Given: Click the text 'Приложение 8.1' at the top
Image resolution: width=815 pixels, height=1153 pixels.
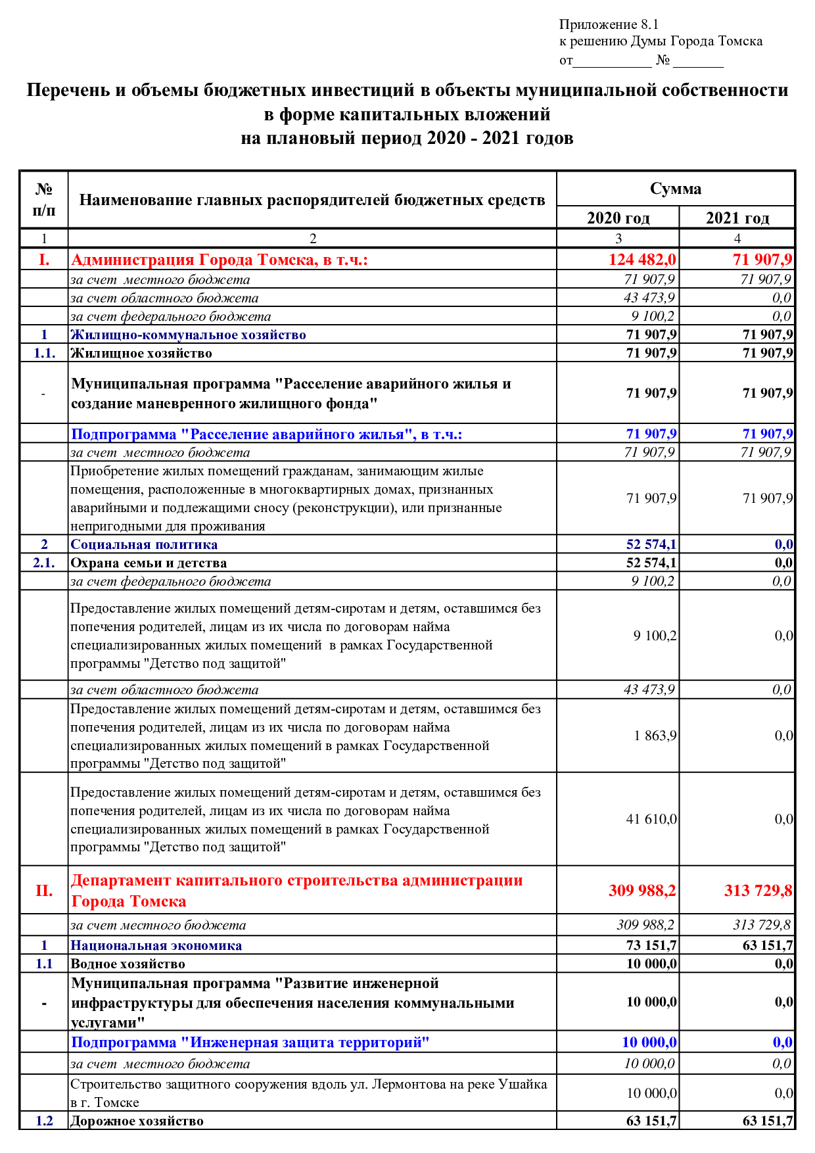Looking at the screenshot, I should click(x=609, y=25).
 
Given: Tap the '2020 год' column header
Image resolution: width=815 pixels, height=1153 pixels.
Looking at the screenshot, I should click(x=618, y=218).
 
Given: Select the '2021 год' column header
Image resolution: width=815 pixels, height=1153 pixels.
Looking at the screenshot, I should click(x=737, y=218).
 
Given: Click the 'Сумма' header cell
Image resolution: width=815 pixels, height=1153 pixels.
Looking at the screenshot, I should click(x=676, y=189).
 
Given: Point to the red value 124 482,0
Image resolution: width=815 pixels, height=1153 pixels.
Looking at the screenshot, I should click(x=642, y=260).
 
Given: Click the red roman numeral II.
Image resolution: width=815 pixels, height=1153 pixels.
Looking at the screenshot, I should click(x=44, y=891).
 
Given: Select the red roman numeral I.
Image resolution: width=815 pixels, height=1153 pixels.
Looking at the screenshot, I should click(x=44, y=260).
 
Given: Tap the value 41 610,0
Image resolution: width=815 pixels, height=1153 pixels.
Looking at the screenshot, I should click(x=651, y=819).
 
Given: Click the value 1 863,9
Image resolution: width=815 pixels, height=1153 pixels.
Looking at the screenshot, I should click(x=655, y=736).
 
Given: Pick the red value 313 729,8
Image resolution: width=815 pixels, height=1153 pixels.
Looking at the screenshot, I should click(x=758, y=891).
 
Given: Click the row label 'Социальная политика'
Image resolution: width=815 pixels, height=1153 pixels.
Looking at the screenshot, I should click(x=144, y=544).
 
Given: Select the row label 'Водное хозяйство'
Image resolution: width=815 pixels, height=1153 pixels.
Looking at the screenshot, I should click(x=128, y=964).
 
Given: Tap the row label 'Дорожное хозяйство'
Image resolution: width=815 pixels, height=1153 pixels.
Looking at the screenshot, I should click(x=137, y=1121).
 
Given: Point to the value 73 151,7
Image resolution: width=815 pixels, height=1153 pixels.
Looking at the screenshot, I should click(x=651, y=945).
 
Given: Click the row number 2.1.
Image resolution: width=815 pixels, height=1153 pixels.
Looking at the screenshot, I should click(x=44, y=563).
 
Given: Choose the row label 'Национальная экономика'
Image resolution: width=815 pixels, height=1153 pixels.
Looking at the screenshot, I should click(x=156, y=945).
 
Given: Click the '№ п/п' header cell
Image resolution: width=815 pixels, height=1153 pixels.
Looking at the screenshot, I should click(x=44, y=200).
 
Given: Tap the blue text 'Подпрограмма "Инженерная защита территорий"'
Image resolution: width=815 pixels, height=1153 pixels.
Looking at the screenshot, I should click(x=250, y=1043).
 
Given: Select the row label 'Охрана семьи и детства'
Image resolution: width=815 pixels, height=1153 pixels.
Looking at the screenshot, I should click(x=149, y=563).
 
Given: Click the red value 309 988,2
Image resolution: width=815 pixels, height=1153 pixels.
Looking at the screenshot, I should click(x=641, y=891).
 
